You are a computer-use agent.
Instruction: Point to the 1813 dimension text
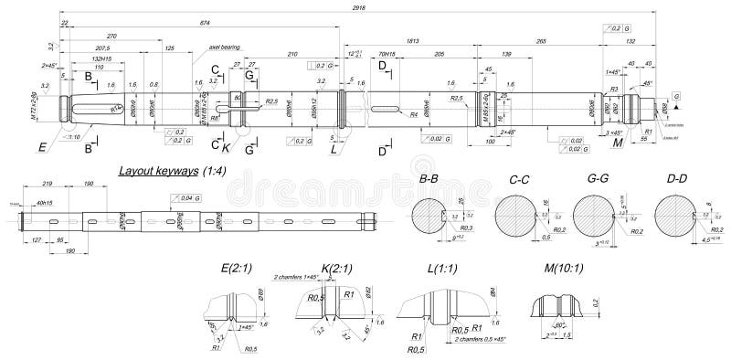point(412,42)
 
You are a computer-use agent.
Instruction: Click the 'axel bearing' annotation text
point(224,43)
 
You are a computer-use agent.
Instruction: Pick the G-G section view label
point(596,181)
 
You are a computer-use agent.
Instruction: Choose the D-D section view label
point(677,181)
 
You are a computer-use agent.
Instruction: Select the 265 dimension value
point(541,42)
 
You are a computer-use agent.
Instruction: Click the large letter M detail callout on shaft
point(617,144)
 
